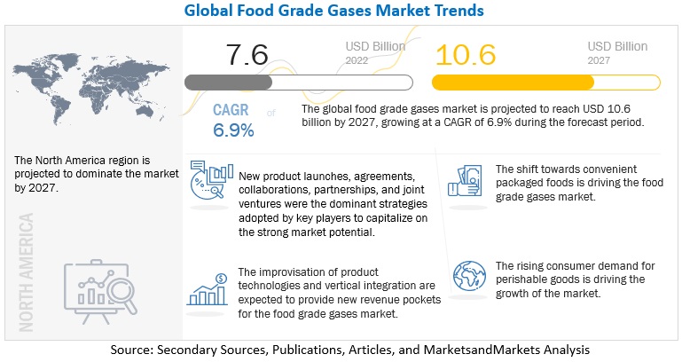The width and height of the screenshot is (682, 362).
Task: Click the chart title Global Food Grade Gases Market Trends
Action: pos(341,11)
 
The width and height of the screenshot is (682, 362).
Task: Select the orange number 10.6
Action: pos(466,55)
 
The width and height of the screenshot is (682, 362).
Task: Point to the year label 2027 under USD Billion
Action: pos(600,60)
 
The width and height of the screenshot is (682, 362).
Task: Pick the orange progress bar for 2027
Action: pos(513,83)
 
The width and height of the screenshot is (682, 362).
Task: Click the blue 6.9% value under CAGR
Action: pos(233,130)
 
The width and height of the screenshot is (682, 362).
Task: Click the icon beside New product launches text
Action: pos(211,183)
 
